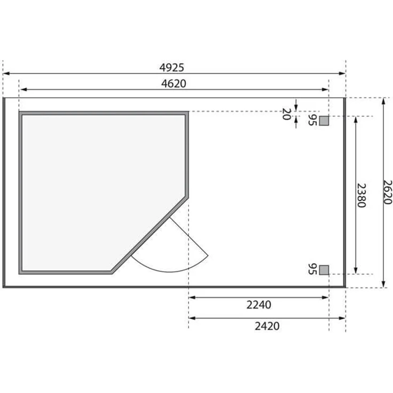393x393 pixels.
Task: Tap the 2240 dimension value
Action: pyautogui.click(x=258, y=305)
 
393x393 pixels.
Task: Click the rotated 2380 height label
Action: pyautogui.click(x=361, y=195)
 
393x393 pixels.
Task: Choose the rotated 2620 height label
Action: pyautogui.click(x=388, y=192)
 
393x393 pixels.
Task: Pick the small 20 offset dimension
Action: pyautogui.click(x=287, y=113)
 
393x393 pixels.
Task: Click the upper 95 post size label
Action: pyautogui.click(x=312, y=120)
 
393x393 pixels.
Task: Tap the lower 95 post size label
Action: pyautogui.click(x=312, y=269)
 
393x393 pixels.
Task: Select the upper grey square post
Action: pyautogui.click(x=324, y=121)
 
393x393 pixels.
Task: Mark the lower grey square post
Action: pyautogui.click(x=324, y=269)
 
